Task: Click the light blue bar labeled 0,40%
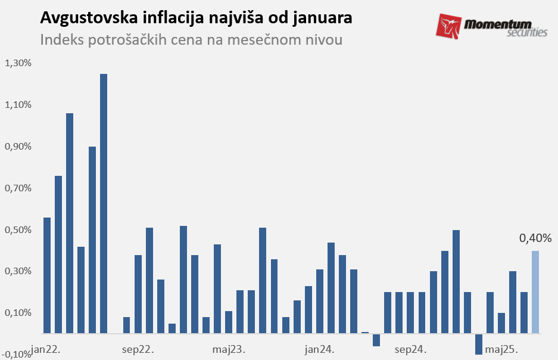[535, 292]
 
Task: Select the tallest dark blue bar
[104, 203]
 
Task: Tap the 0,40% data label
[535, 238]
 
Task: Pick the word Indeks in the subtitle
[59, 41]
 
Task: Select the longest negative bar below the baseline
[479, 344]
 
